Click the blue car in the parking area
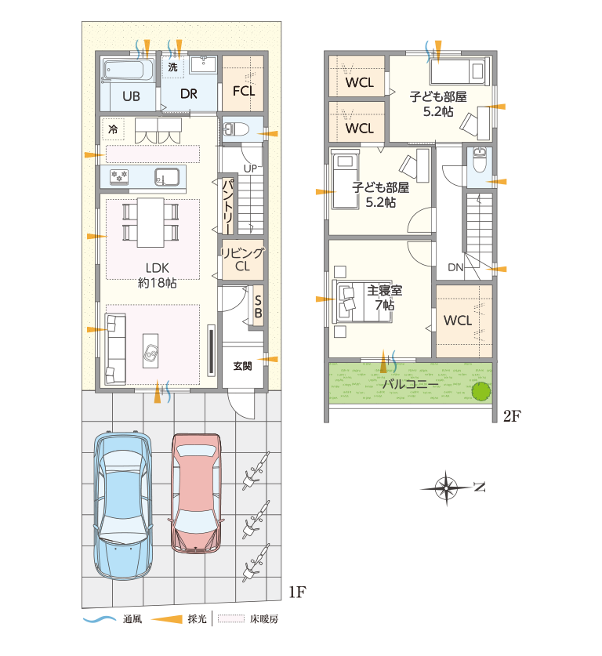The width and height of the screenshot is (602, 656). (x=122, y=505)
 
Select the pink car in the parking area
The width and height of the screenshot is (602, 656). (x=196, y=494)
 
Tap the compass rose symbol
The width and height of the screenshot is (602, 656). (x=446, y=487)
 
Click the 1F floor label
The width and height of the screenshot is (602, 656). (x=297, y=592)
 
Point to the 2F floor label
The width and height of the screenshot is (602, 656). (x=512, y=416)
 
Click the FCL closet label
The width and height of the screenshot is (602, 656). (x=244, y=91)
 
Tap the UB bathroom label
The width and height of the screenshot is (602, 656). (x=131, y=96)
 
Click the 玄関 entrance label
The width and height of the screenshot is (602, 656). (x=242, y=367)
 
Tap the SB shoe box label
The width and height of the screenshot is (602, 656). (x=258, y=306)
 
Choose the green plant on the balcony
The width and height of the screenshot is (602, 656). (x=481, y=391)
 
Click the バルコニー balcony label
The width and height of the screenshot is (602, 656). (x=411, y=383)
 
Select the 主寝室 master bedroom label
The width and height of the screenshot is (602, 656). (x=384, y=290)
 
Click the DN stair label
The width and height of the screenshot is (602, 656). (x=455, y=267)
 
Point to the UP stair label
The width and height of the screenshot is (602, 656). (x=250, y=169)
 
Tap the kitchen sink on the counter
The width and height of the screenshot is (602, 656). (x=167, y=177)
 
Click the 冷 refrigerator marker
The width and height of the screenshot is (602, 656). (x=113, y=129)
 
